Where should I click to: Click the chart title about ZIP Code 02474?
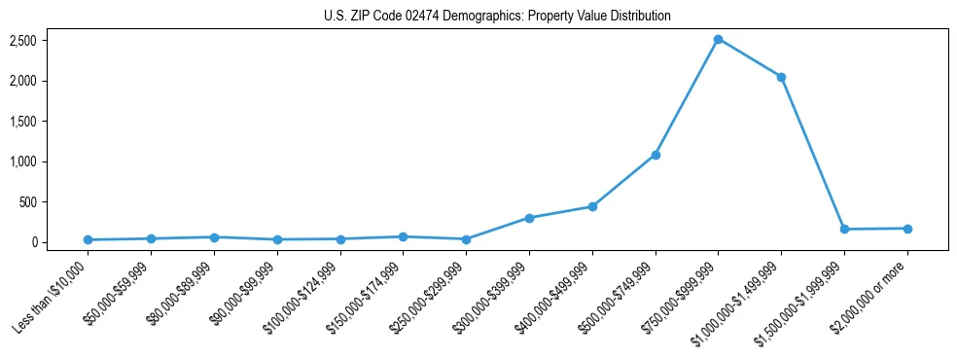pyautogui.click(x=497, y=17)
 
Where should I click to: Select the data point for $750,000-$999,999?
pyautogui.click(x=718, y=39)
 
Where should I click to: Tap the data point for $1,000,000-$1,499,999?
pyautogui.click(x=781, y=77)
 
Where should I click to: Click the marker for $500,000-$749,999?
pyautogui.click(x=656, y=155)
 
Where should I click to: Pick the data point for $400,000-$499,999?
pyautogui.click(x=592, y=206)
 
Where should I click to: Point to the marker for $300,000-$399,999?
pyautogui.click(x=529, y=218)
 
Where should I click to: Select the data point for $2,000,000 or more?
pyautogui.click(x=907, y=229)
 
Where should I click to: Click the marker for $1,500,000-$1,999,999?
pyautogui.click(x=844, y=230)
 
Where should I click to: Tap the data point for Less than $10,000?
pyautogui.click(x=88, y=239)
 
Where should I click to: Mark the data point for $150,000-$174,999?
pyautogui.click(x=403, y=236)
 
